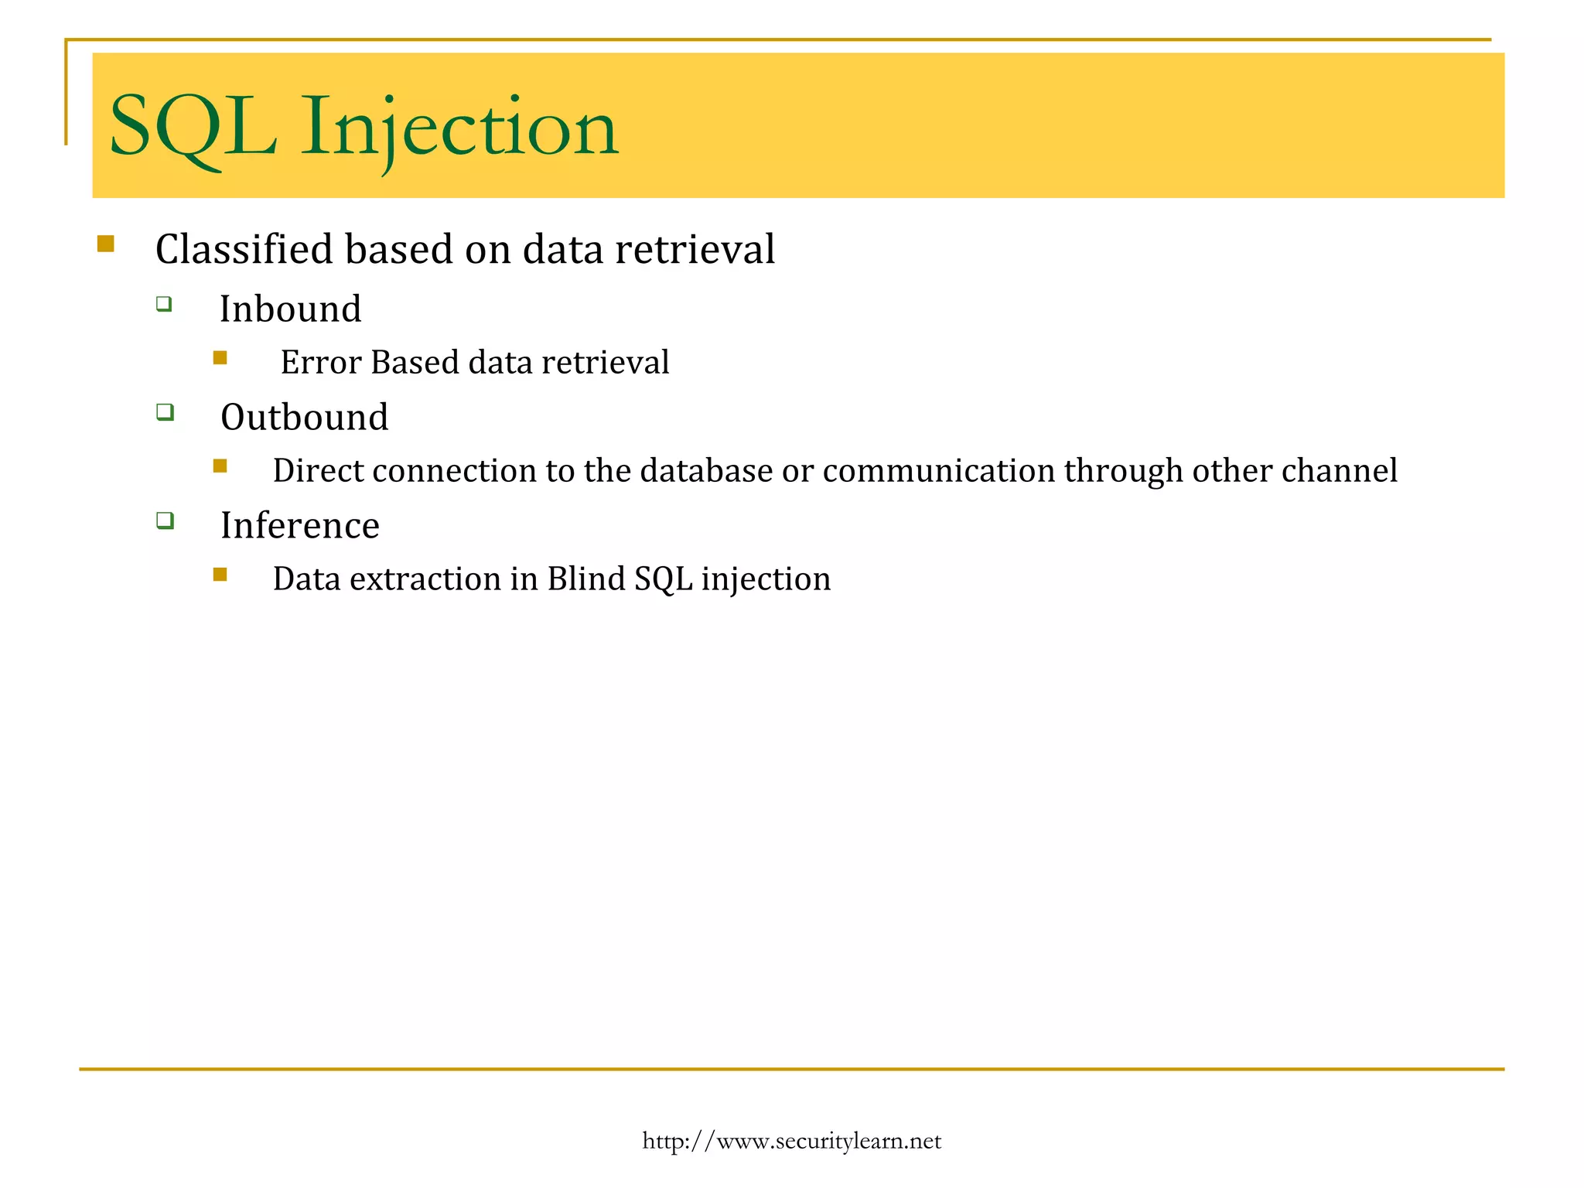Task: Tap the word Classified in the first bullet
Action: click(244, 250)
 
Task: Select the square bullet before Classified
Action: click(106, 244)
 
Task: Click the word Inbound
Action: click(290, 309)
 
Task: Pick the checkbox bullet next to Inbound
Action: click(164, 303)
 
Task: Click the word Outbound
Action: click(304, 418)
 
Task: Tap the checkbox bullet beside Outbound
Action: click(165, 411)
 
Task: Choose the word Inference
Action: click(299, 526)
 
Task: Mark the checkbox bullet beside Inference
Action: click(165, 520)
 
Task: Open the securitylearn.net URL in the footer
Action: click(791, 1141)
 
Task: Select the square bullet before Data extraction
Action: click(220, 574)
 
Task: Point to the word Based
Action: click(415, 363)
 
